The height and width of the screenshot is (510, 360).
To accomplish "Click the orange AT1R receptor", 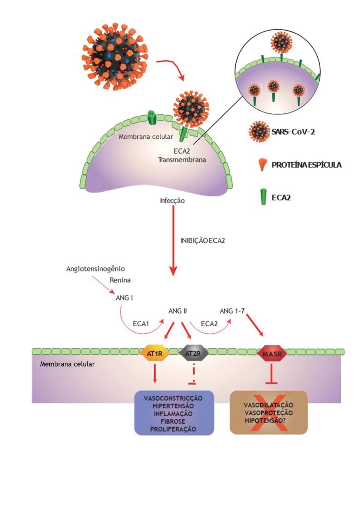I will pos(155,352).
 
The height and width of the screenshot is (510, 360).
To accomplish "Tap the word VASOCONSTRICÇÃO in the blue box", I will pos(174,398).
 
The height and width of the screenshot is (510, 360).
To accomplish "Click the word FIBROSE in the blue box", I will pos(174,421).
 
